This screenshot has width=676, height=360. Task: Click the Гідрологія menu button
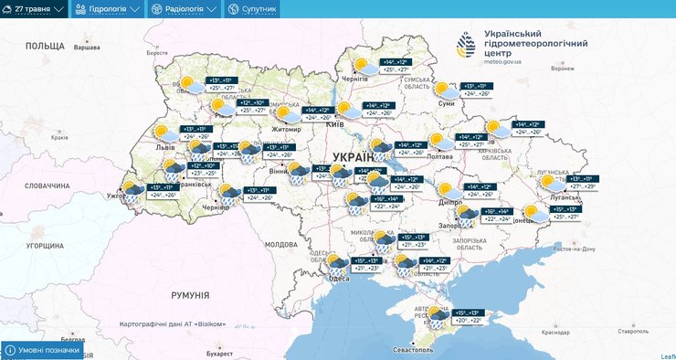(108, 8)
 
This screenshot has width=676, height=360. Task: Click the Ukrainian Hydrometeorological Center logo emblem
(466, 44)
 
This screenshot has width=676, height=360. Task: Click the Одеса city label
(338, 279)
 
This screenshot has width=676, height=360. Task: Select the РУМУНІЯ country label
(190, 295)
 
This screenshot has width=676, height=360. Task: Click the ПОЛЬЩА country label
(44, 45)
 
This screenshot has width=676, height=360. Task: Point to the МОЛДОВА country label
(281, 245)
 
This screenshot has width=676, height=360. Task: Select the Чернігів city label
(354, 79)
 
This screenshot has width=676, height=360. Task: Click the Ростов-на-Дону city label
(575, 249)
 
